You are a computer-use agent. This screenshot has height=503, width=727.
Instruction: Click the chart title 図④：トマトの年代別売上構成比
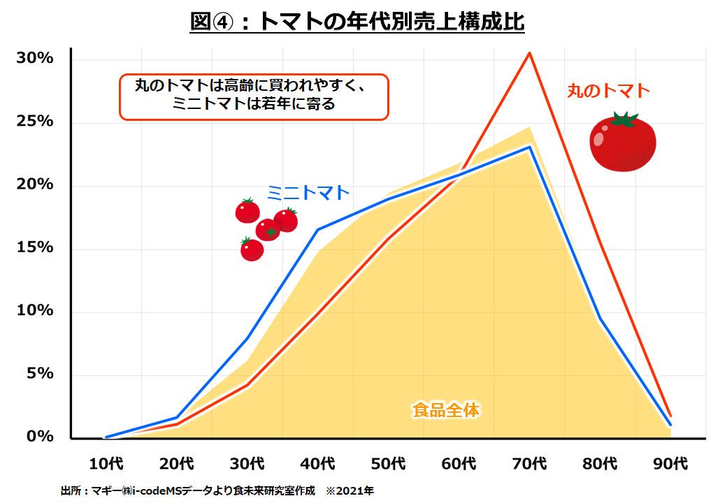[357, 22]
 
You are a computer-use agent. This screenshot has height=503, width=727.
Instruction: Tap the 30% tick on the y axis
[36, 58]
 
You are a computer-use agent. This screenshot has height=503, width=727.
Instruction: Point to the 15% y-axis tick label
[36, 247]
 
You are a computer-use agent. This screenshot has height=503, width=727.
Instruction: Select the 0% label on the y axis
[39, 437]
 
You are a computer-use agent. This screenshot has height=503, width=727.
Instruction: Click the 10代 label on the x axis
[106, 463]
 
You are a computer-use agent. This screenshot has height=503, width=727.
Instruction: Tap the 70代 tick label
[529, 463]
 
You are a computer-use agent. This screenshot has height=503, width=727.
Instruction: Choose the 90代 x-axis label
[670, 463]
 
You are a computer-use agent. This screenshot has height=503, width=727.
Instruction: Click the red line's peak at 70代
[529, 53]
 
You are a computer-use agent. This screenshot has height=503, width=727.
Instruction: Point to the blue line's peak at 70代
[530, 147]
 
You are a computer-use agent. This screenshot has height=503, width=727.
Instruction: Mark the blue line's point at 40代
[318, 229]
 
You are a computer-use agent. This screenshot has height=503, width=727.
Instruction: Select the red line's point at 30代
[247, 384]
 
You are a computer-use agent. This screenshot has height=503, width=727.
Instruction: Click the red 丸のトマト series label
[608, 91]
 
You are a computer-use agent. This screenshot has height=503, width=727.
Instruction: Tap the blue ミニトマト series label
[308, 194]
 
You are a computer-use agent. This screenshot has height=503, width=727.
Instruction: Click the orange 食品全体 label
[446, 410]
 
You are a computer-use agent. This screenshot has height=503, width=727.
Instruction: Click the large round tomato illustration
[622, 144]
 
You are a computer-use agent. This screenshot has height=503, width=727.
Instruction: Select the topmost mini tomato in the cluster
[247, 210]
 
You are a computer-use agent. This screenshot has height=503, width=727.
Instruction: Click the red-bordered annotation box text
[254, 96]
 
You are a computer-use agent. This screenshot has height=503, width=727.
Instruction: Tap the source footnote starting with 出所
[217, 490]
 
